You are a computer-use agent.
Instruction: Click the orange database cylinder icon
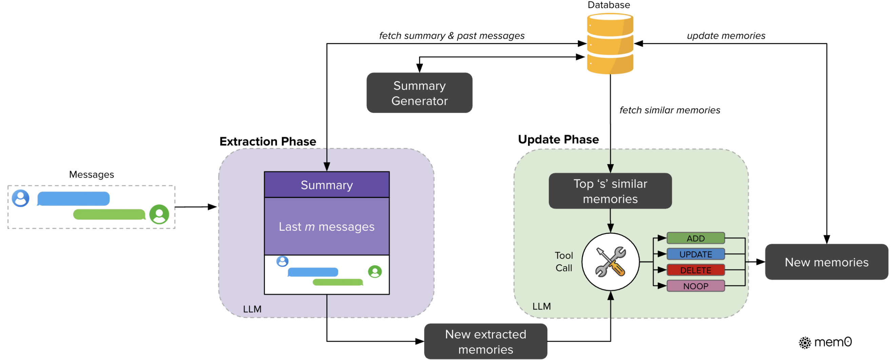click(610, 43)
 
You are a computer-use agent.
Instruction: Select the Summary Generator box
click(419, 93)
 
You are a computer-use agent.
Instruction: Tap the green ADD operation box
click(695, 238)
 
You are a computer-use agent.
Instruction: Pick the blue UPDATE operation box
click(695, 254)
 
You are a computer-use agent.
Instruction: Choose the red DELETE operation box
click(695, 270)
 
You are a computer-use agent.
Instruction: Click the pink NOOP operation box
click(695, 286)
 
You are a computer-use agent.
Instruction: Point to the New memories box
click(826, 262)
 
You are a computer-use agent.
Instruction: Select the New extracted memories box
click(485, 342)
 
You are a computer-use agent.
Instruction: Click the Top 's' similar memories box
click(610, 191)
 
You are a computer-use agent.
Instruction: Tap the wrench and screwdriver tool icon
click(610, 262)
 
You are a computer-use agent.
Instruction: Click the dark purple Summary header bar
click(327, 185)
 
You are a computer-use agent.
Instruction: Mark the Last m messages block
click(327, 226)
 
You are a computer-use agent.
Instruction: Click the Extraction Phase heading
click(268, 141)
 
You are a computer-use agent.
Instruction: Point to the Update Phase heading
click(558, 139)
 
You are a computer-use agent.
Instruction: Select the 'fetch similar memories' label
click(669, 110)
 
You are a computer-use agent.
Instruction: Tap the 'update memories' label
click(726, 36)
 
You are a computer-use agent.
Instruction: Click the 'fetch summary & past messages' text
click(451, 36)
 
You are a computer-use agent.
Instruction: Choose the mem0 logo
click(825, 342)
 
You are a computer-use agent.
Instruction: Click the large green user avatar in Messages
click(159, 214)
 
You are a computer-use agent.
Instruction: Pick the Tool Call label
click(564, 262)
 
